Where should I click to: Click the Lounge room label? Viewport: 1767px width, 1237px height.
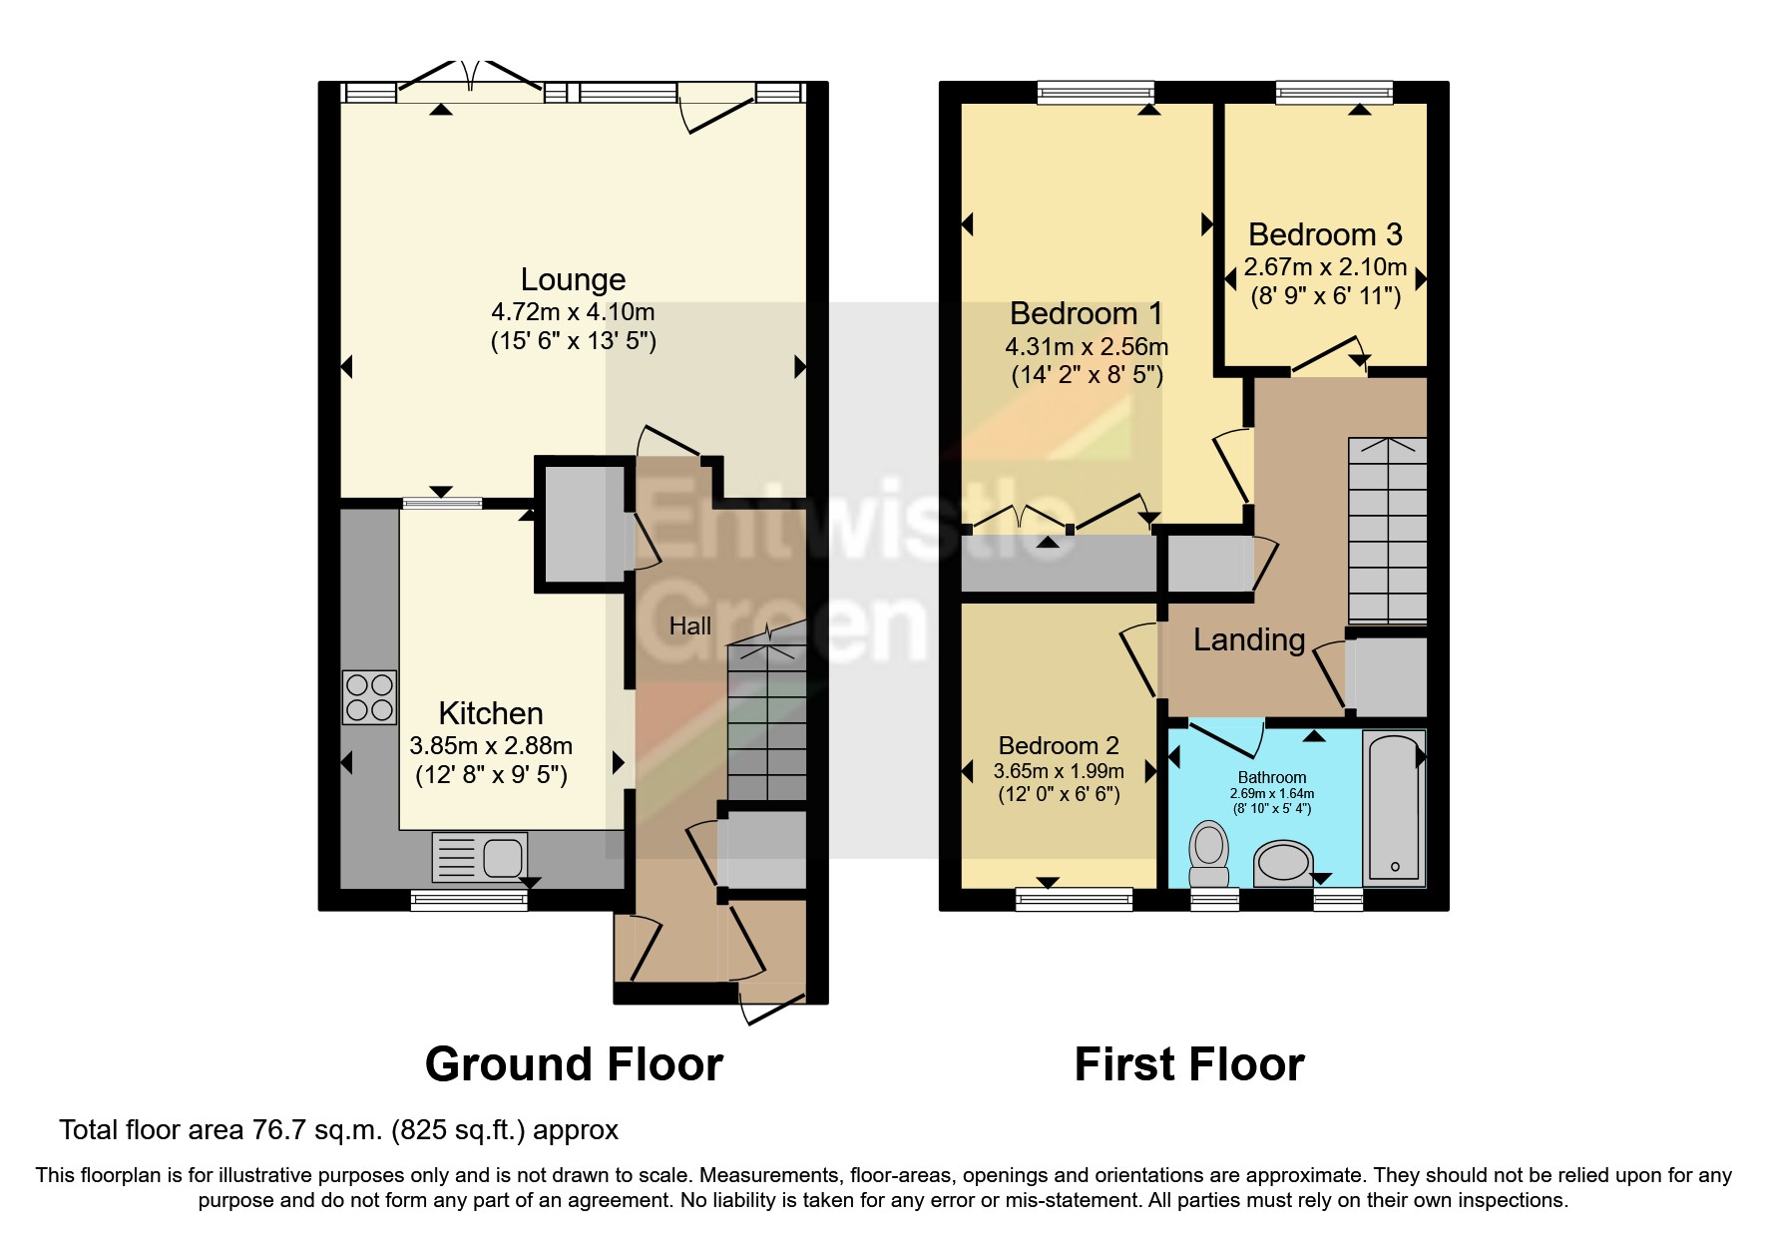[x=573, y=279]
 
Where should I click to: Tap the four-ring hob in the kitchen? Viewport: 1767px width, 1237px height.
[x=369, y=696]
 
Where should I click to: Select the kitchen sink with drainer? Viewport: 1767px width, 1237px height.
[x=480, y=856]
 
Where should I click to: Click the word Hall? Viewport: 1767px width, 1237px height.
[x=689, y=626]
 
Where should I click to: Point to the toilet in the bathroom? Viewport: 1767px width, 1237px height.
[x=1209, y=854]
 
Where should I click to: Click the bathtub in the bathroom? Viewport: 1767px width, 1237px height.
[x=1394, y=808]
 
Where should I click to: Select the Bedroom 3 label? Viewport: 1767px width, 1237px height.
[x=1325, y=234]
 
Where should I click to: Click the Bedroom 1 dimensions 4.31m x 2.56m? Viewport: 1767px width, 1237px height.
[x=1086, y=347]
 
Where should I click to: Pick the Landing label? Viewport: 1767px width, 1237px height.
[x=1249, y=639]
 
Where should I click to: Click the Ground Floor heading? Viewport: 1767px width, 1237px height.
[x=574, y=1064]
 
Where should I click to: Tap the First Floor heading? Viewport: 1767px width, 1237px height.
[x=1188, y=1064]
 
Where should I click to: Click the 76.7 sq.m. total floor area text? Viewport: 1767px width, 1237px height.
[x=338, y=1130]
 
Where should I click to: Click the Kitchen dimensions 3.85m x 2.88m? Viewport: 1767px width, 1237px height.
[x=491, y=745]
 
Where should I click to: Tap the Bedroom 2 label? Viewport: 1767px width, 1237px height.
[x=1059, y=745]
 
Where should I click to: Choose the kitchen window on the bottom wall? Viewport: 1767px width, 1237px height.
[x=469, y=901]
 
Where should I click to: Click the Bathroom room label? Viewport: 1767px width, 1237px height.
[x=1271, y=777]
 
